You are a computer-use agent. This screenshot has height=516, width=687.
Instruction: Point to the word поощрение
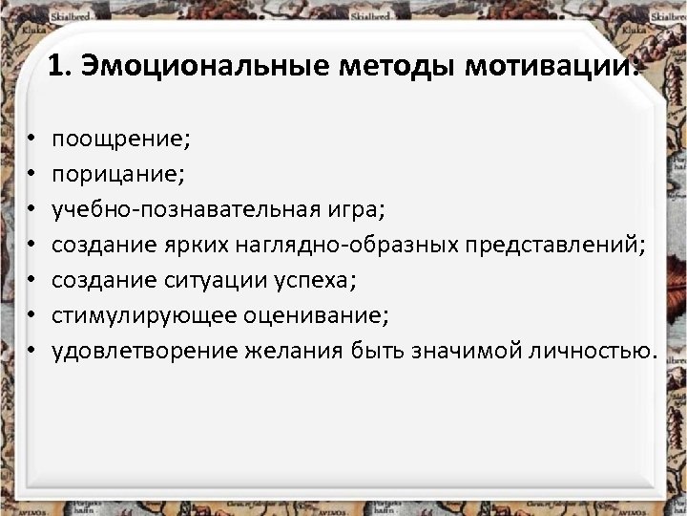click(122, 140)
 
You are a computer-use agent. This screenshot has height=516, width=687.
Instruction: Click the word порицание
click(118, 175)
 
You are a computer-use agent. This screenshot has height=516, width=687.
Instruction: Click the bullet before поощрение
click(31, 140)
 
